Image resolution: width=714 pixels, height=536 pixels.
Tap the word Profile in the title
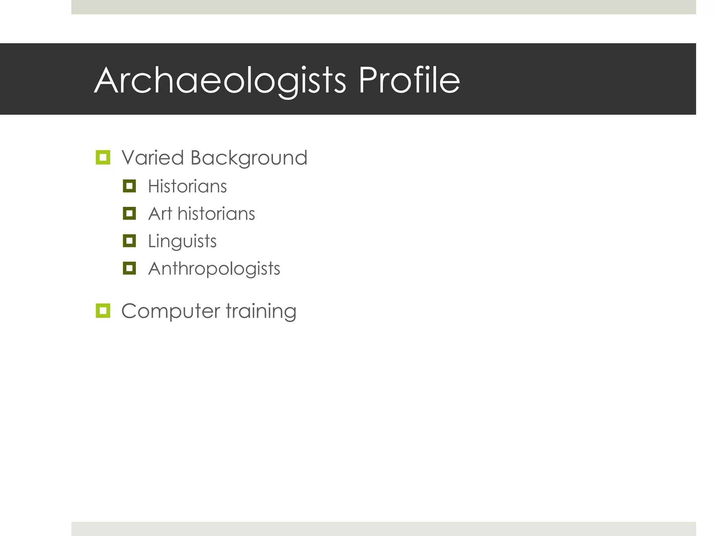[409, 81]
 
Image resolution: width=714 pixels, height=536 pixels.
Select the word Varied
[153, 158]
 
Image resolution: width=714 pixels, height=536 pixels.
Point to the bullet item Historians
[187, 186]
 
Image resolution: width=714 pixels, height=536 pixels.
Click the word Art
[160, 214]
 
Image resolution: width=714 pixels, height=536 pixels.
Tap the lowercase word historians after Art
[216, 214]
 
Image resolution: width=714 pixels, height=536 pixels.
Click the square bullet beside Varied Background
[103, 158]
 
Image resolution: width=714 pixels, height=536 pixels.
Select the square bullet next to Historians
[129, 186]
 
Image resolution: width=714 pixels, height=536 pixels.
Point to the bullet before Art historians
[129, 213]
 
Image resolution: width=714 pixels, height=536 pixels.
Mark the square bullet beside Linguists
[129, 241]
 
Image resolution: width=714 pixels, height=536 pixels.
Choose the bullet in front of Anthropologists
[129, 268]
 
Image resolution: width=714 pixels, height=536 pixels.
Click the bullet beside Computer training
[103, 311]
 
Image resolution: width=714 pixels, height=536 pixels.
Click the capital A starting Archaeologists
[106, 81]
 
